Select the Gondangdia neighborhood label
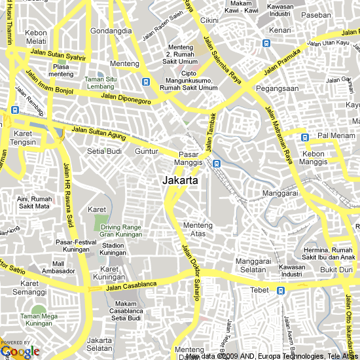(x=111, y=31)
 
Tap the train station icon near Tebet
(x=281, y=291)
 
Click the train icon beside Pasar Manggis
(x=216, y=163)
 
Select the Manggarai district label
(x=280, y=194)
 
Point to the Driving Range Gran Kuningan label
(x=120, y=230)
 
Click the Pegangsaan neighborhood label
(x=278, y=88)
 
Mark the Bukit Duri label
(x=336, y=270)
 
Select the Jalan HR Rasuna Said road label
(x=67, y=193)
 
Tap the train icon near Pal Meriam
(x=304, y=137)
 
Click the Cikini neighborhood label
(x=209, y=20)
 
